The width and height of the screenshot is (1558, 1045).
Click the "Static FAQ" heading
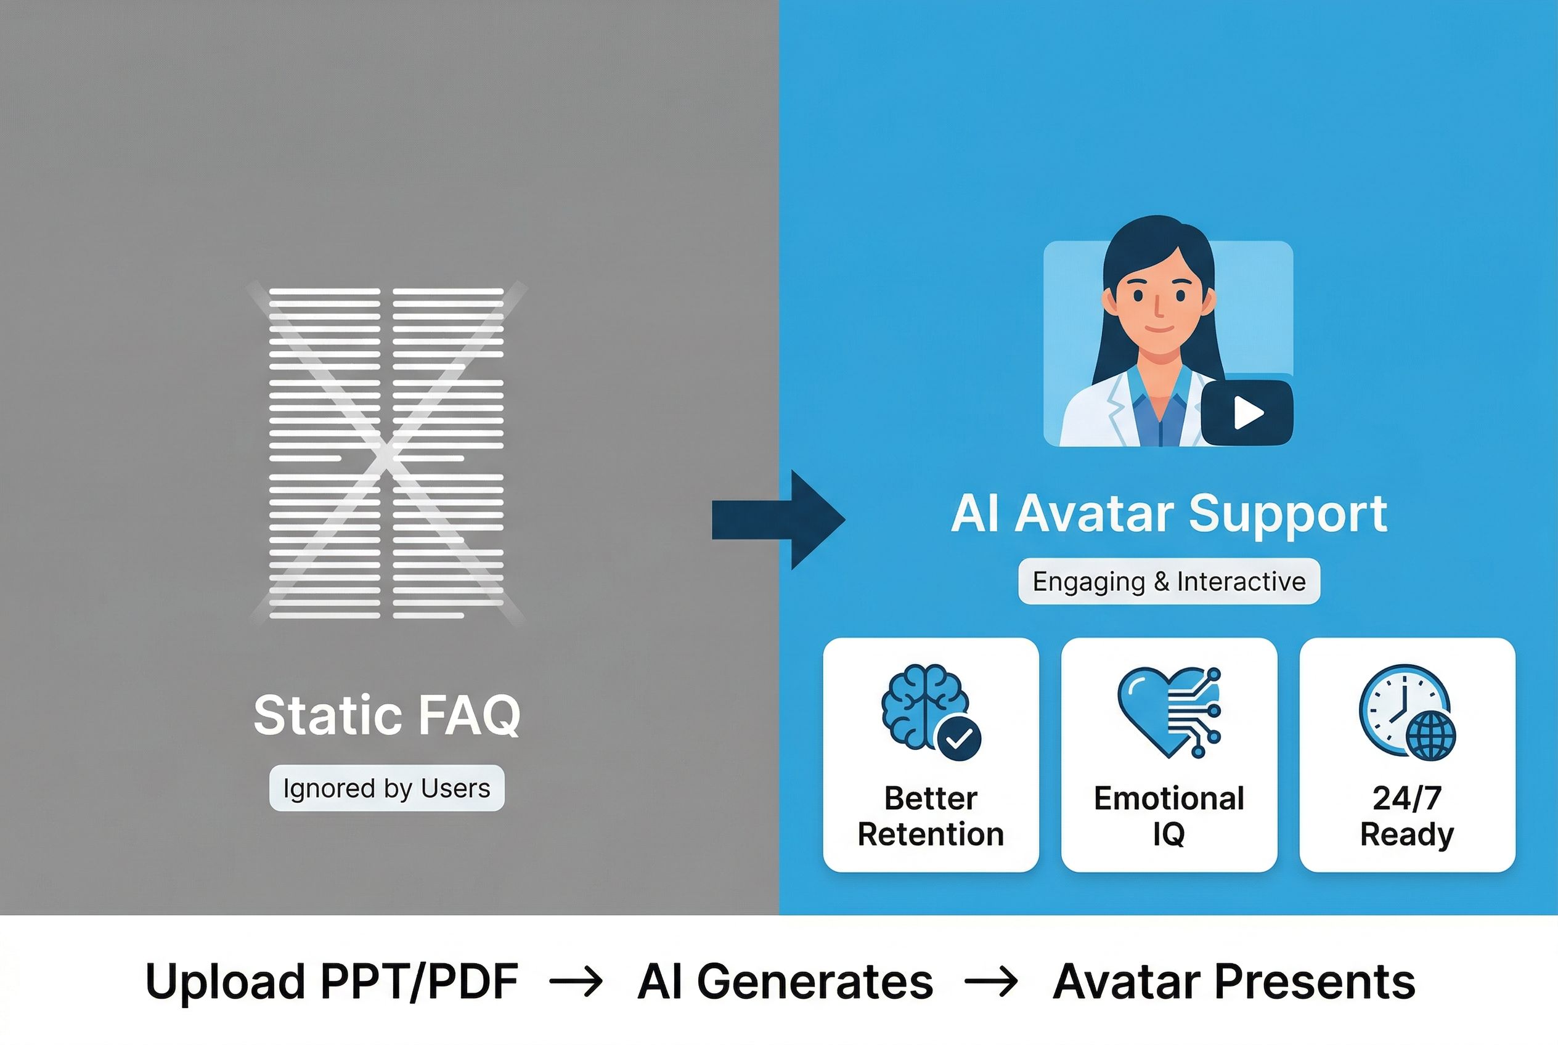coord(386,715)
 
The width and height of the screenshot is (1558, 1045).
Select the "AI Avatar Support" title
coord(1168,514)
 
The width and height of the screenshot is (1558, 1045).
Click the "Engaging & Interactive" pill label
coord(1168,581)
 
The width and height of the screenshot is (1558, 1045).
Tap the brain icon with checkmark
coord(930,712)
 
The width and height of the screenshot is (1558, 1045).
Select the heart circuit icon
coord(1168,712)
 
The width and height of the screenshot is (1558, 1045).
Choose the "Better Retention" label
coord(931,816)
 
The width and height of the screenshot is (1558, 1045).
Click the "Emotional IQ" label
coord(1168,816)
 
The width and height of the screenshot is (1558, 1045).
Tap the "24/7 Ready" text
coord(1406,816)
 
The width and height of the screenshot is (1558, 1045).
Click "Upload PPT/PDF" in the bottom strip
coord(332,982)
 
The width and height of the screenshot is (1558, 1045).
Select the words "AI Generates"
coord(785,982)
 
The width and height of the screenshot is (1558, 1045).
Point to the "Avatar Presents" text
coord(1233,982)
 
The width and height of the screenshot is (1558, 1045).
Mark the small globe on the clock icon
coord(1430,736)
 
